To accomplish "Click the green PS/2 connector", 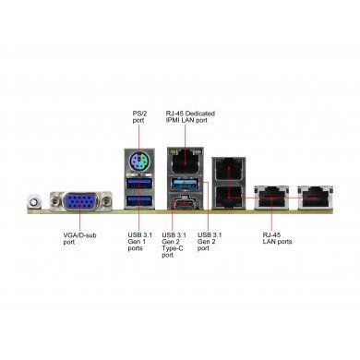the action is pos(137,163).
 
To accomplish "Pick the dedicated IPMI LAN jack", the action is pos(181,162).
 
